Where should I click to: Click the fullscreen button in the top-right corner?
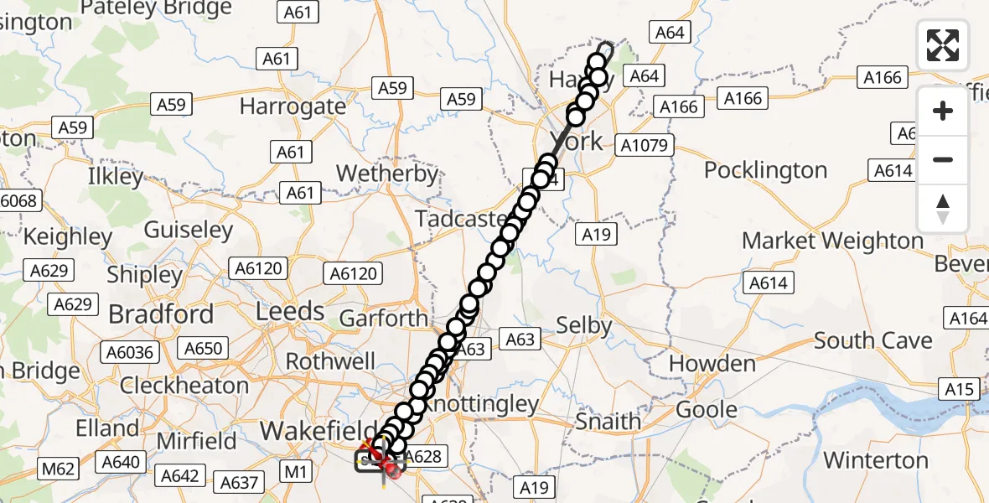(x=943, y=45)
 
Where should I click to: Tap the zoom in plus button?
(x=943, y=111)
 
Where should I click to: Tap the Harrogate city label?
(x=293, y=106)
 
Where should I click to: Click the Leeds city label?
(x=290, y=311)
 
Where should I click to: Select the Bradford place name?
(x=161, y=314)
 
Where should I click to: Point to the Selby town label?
(x=585, y=325)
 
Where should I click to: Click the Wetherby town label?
(x=387, y=174)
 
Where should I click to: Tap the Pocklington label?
(x=765, y=170)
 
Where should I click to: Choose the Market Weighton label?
(x=832, y=241)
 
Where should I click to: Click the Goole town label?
(x=707, y=410)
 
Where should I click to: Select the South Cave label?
(x=872, y=340)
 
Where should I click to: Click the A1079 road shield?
(x=645, y=146)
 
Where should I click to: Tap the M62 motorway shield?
(x=59, y=467)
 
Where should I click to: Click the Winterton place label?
(x=876, y=460)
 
